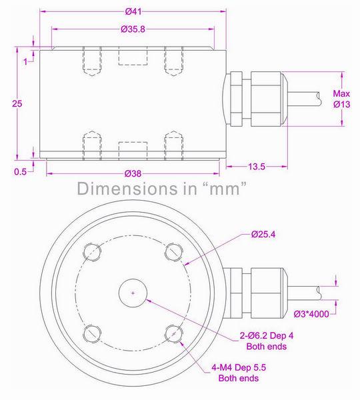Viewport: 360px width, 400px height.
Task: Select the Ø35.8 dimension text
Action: pyautogui.click(x=133, y=29)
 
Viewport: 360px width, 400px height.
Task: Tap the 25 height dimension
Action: pyautogui.click(x=18, y=103)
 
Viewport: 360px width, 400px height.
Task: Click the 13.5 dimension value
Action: pyautogui.click(x=256, y=166)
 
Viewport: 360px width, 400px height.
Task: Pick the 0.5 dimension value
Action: pyautogui.click(x=20, y=171)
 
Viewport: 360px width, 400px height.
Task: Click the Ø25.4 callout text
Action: pyautogui.click(x=265, y=234)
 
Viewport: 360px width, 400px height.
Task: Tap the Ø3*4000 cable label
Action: pyautogui.click(x=316, y=313)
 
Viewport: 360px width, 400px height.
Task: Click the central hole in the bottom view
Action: pyautogui.click(x=133, y=293)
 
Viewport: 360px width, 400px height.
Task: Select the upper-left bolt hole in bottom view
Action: pyautogui.click(x=92, y=251)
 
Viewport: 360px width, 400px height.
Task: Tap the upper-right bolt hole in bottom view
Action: pyautogui.click(x=174, y=251)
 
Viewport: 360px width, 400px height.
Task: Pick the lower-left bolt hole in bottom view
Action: pyautogui.click(x=92, y=333)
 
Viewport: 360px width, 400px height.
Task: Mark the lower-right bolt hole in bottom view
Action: pyautogui.click(x=174, y=333)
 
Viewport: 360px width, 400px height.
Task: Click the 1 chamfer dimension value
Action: pyautogui.click(x=25, y=62)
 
